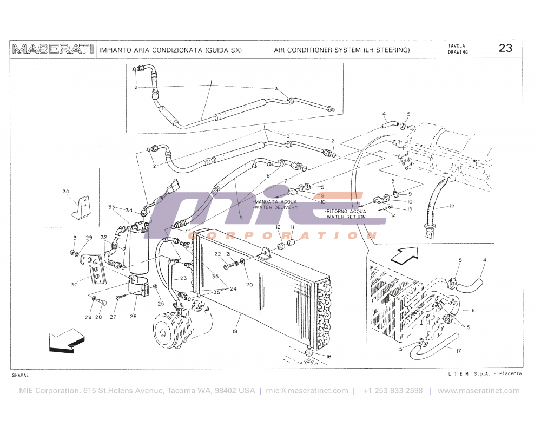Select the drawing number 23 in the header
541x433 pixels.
[x=505, y=48]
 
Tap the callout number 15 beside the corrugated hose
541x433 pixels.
[x=452, y=206]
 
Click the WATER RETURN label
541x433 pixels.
[x=346, y=216]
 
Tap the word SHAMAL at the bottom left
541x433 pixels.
[x=20, y=375]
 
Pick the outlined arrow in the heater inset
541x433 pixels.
[x=405, y=254]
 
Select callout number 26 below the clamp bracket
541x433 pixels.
[x=133, y=317]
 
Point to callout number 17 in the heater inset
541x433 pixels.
[x=458, y=351]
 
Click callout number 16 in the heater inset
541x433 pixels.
[x=472, y=310]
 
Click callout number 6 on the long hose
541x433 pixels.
[x=241, y=216]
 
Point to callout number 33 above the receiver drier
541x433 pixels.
[x=111, y=207]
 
